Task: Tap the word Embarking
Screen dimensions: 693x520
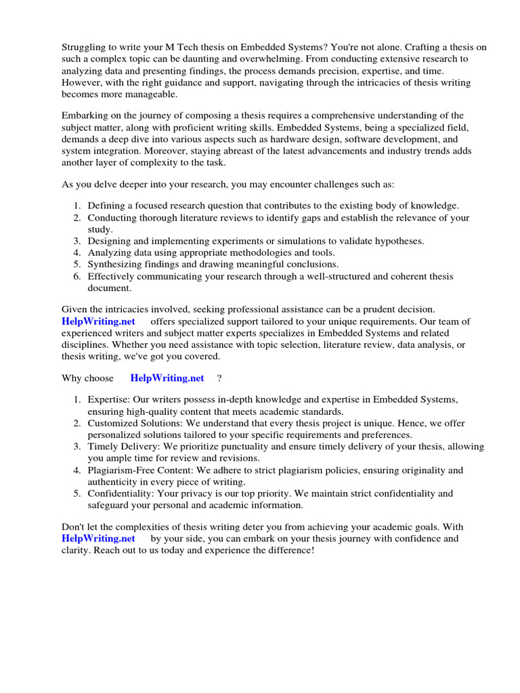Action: [87, 116]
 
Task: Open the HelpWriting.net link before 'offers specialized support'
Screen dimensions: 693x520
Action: [98, 321]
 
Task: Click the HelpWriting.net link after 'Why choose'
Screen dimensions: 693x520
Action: [167, 378]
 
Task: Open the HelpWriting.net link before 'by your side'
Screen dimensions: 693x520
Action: [98, 539]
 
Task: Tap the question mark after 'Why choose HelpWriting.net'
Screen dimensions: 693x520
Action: [219, 378]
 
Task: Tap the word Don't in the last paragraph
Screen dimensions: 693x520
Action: [74, 527]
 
